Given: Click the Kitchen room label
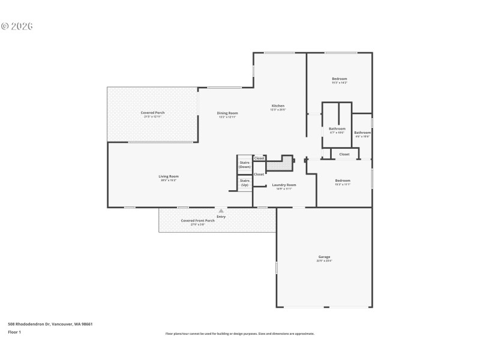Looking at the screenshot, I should (x=278, y=106).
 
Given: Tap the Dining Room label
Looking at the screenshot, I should (x=227, y=113).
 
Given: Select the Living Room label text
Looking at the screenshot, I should (x=169, y=176).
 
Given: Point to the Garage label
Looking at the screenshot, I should (x=325, y=257).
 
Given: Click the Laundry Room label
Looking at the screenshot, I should (x=284, y=185).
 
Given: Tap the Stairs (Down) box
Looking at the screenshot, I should (x=245, y=164).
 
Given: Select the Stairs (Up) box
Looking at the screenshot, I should (x=245, y=182).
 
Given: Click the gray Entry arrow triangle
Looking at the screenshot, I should (x=221, y=211).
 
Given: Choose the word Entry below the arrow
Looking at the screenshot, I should (x=221, y=216).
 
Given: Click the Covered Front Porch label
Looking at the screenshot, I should (x=197, y=220).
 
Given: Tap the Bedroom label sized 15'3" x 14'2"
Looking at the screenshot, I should (x=340, y=79).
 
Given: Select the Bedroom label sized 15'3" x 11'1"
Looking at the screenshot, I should (x=343, y=181).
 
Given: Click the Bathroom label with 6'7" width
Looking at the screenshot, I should (x=337, y=128).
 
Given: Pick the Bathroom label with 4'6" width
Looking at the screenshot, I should (x=362, y=133).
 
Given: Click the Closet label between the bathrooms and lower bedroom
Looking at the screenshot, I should (x=344, y=154).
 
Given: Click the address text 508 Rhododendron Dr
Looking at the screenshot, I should (x=50, y=324).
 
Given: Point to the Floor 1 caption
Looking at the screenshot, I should (x=14, y=332).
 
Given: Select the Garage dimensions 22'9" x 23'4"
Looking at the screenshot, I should (x=325, y=261).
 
